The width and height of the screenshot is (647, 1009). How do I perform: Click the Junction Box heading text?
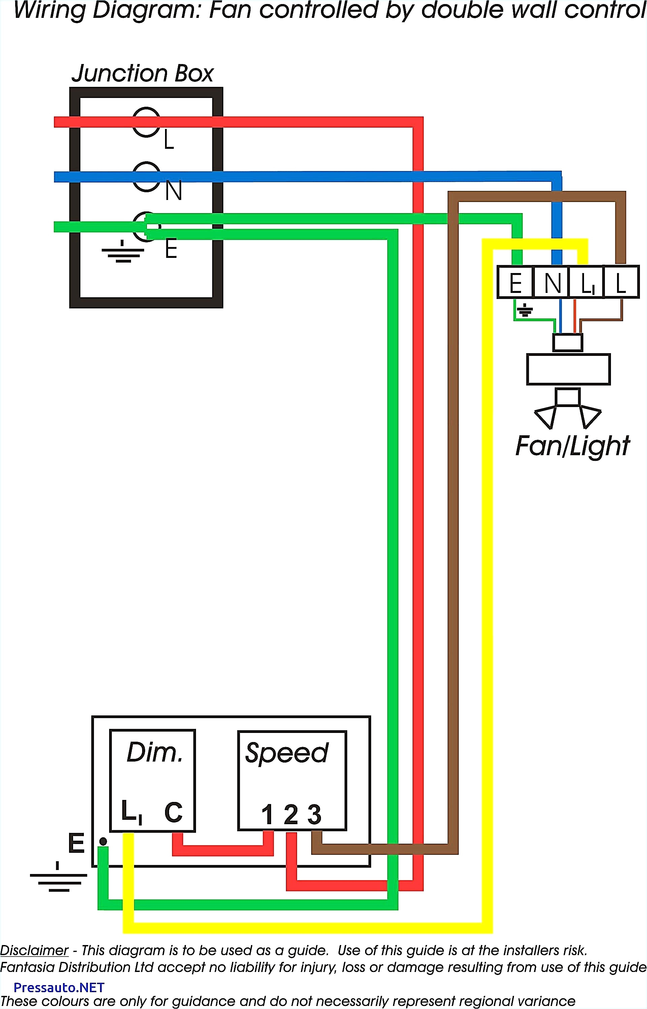pos(142,73)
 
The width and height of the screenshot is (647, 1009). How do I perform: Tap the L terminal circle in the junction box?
pos(146,122)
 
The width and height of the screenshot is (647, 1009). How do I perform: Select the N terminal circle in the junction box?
pos(146,176)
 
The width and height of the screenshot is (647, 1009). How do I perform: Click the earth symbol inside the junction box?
pos(123,252)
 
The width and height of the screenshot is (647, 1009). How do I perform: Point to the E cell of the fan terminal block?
pos(515,282)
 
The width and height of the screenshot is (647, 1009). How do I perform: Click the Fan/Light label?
pos(572,446)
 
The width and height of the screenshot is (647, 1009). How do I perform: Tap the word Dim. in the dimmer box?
pos(155,752)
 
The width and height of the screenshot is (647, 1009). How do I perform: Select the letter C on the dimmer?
pos(173,812)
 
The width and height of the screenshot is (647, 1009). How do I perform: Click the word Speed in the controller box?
pos(287,753)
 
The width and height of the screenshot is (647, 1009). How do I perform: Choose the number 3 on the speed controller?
pos(314,815)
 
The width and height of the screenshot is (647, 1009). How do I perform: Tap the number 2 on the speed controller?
pos(291,815)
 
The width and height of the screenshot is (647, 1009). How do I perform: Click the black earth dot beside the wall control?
pos(103,841)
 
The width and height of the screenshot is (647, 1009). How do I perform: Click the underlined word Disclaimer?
pos(34,950)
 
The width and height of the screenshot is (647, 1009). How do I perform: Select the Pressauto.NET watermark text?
pos(59,987)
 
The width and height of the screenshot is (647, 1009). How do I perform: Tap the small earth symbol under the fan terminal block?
pos(525,311)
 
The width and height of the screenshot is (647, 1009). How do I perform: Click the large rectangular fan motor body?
pos(568,369)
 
